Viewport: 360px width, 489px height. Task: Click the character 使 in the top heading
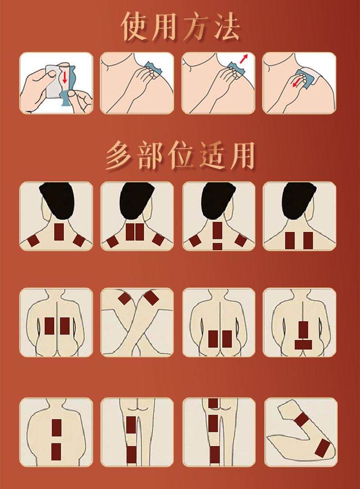(136, 27)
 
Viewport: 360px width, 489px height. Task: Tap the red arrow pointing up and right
(244, 58)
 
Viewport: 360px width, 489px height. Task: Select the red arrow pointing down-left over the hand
(298, 82)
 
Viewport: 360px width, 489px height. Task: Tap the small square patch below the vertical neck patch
(217, 246)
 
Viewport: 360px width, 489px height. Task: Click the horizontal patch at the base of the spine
(303, 344)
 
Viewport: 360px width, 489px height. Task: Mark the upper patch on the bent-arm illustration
(302, 419)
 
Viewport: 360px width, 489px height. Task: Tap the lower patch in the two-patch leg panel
(131, 453)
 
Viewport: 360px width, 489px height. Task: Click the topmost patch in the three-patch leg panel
(213, 403)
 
